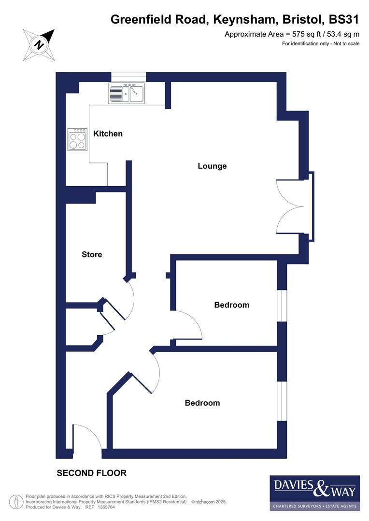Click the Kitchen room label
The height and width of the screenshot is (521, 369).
click(x=108, y=134)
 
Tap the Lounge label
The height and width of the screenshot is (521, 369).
click(x=212, y=166)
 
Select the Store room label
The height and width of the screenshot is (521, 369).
click(x=92, y=254)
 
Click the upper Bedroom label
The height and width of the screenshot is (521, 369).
click(x=232, y=305)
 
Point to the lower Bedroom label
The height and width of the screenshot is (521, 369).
click(x=202, y=403)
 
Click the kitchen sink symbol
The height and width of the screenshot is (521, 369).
click(x=127, y=93)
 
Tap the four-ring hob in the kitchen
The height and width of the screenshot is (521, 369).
click(x=77, y=139)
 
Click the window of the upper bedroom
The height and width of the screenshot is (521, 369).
click(x=282, y=305)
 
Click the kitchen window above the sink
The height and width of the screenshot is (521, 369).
click(x=128, y=77)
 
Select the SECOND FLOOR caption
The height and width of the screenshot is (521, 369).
click(x=92, y=473)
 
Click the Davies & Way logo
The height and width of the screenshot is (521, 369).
click(x=314, y=493)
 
